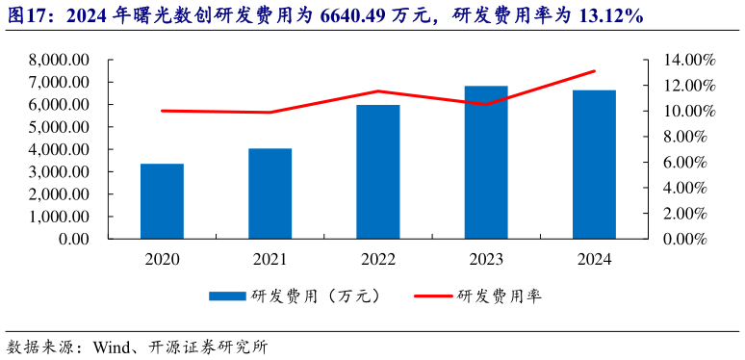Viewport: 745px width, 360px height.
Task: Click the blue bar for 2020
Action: [x=162, y=201]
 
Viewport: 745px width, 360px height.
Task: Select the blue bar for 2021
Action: [x=270, y=193]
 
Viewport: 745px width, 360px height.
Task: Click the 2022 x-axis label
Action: [x=378, y=259]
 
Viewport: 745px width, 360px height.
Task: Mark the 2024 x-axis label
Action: [x=594, y=259]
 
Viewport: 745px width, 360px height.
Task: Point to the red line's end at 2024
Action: [x=594, y=71]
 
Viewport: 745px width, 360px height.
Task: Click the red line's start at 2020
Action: [x=162, y=111]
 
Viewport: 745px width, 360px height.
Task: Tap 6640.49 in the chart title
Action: [x=352, y=16]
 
